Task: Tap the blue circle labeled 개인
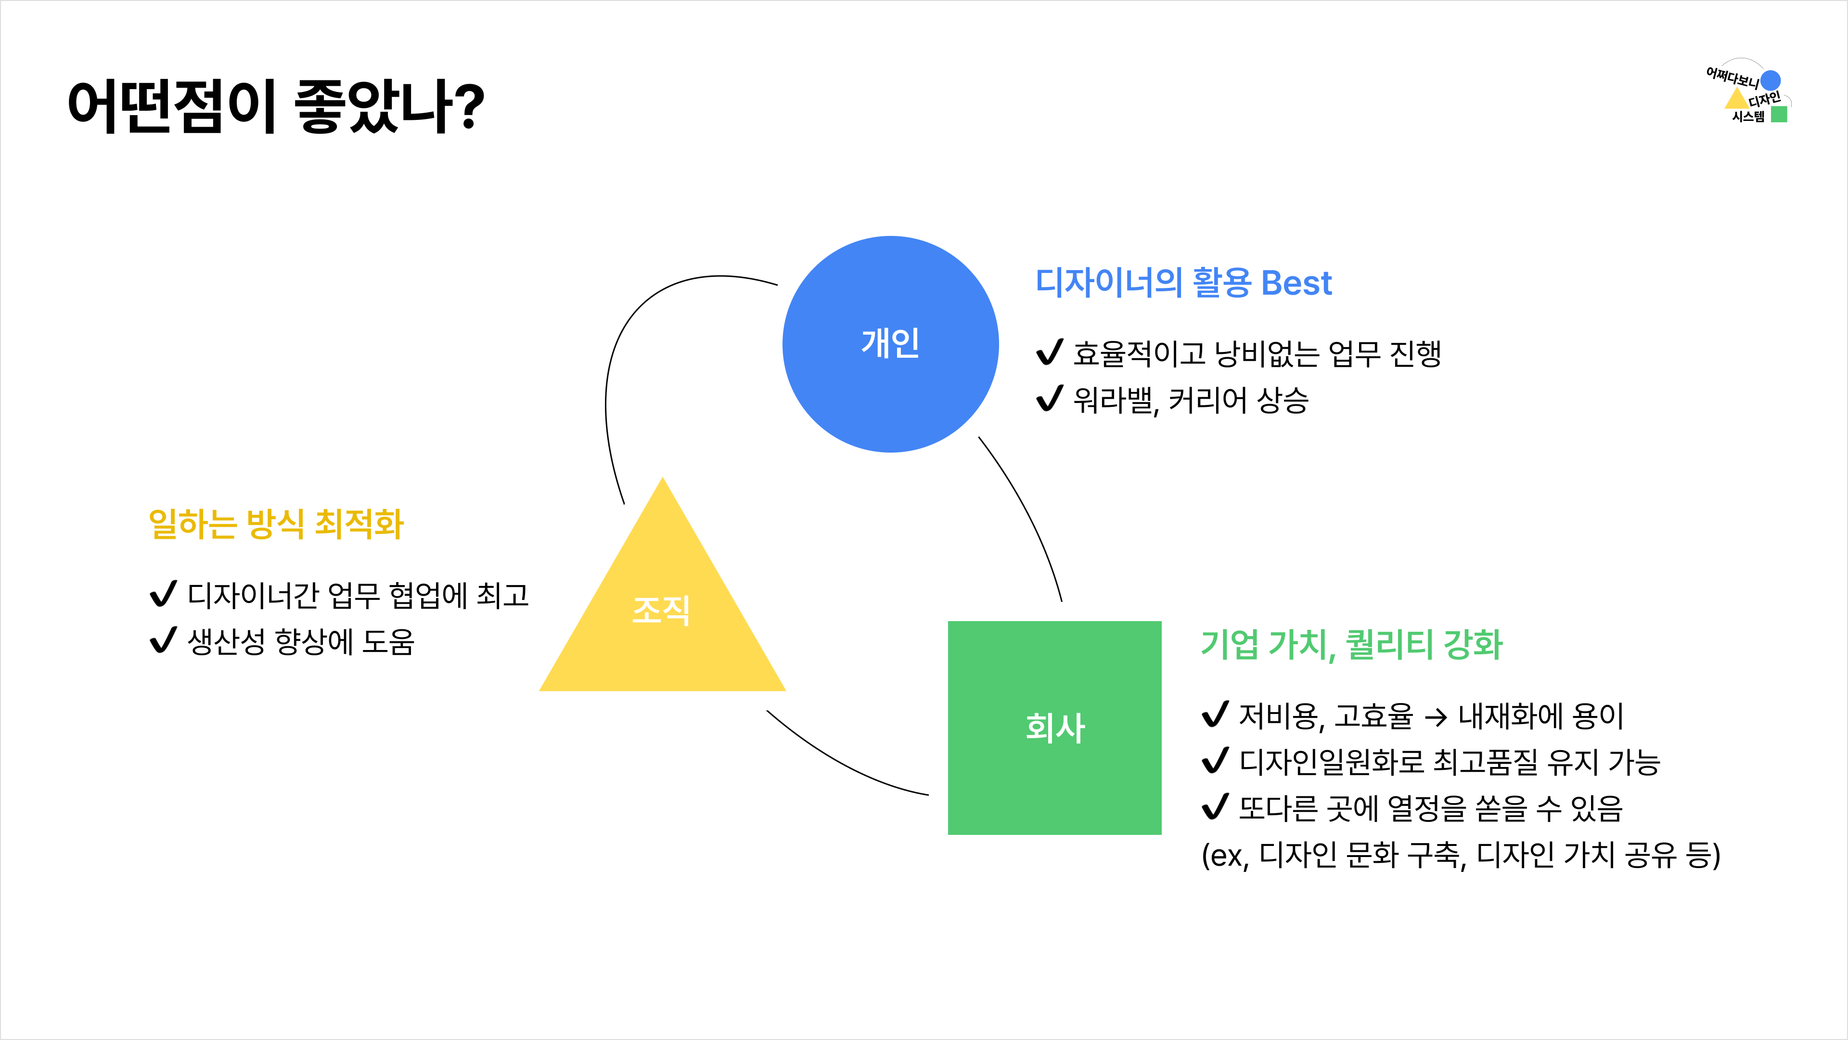pyautogui.click(x=890, y=344)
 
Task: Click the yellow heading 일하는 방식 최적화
pyautogui.click(x=276, y=524)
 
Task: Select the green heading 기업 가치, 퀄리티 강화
pyautogui.click(x=1351, y=644)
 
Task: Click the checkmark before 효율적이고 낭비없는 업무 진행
pyautogui.click(x=1050, y=352)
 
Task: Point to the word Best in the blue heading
pyautogui.click(x=1296, y=283)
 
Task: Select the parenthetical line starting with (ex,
pyautogui.click(x=1461, y=855)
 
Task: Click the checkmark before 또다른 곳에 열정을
pyautogui.click(x=1215, y=807)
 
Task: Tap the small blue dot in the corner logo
pyautogui.click(x=1771, y=79)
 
